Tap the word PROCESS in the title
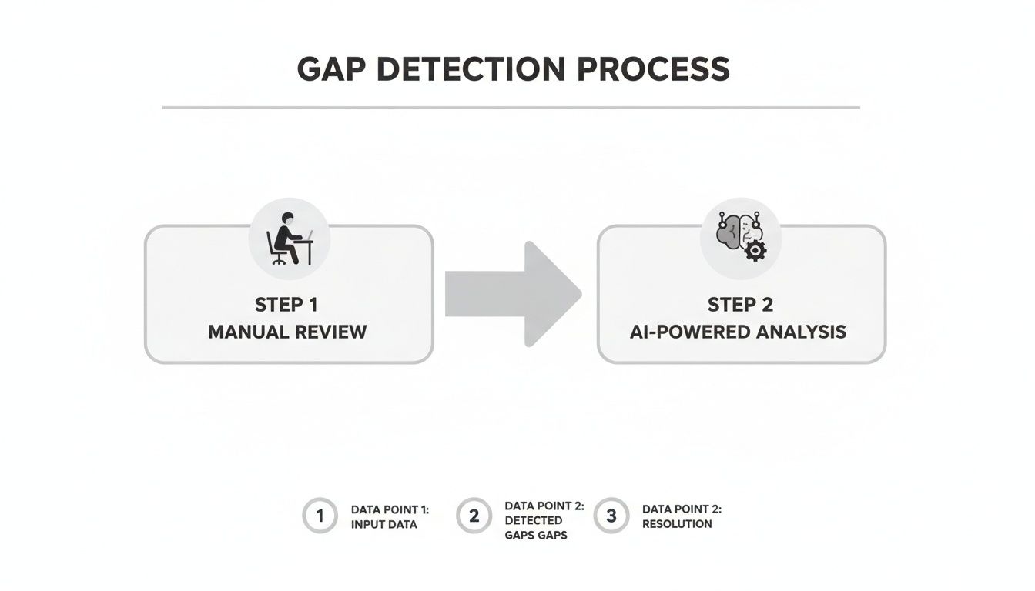click(654, 69)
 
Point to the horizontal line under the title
click(511, 108)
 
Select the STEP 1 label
click(286, 305)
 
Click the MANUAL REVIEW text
click(287, 332)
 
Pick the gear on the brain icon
click(755, 250)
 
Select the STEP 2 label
click(740, 305)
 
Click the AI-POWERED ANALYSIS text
click(738, 332)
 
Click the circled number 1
click(320, 516)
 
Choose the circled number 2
click(474, 516)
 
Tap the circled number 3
click(611, 516)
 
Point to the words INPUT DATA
click(384, 524)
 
